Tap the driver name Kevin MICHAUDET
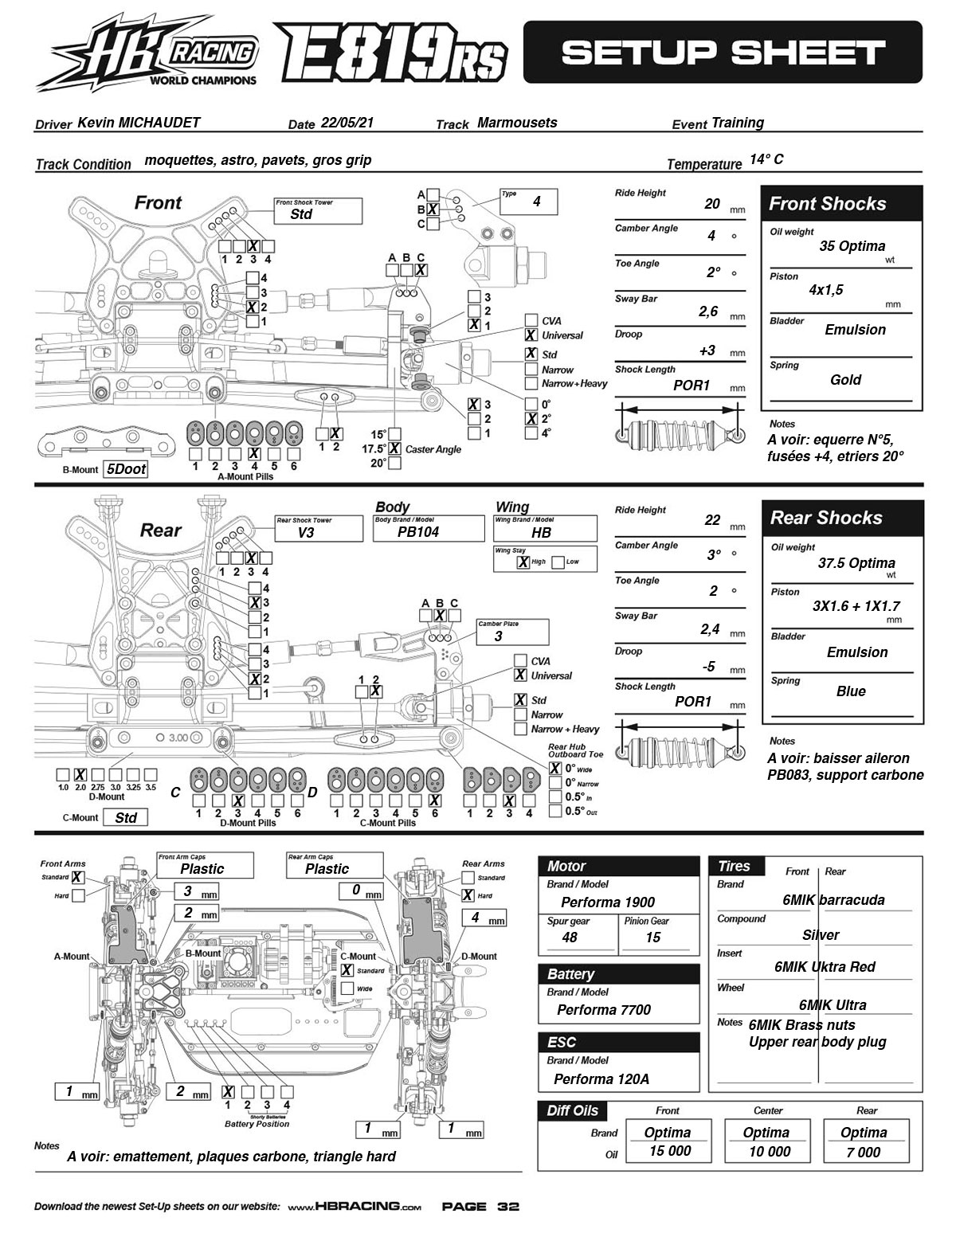coord(139,123)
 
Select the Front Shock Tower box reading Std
coord(319,210)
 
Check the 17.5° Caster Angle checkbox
coord(394,448)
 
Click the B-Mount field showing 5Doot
coord(126,469)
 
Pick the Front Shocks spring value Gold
coord(845,380)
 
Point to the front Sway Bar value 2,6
coord(708,311)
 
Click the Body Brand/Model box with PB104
coord(428,528)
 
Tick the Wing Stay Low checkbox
coord(558,562)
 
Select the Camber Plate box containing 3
coord(512,632)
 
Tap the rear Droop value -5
coord(708,666)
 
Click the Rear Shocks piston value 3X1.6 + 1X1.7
coord(856,605)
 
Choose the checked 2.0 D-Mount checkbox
coord(80,774)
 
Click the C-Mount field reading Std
coord(126,817)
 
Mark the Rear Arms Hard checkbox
coord(468,895)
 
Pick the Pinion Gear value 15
coord(653,937)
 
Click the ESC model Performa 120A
coord(601,1078)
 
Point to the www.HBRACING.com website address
coord(355,1207)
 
